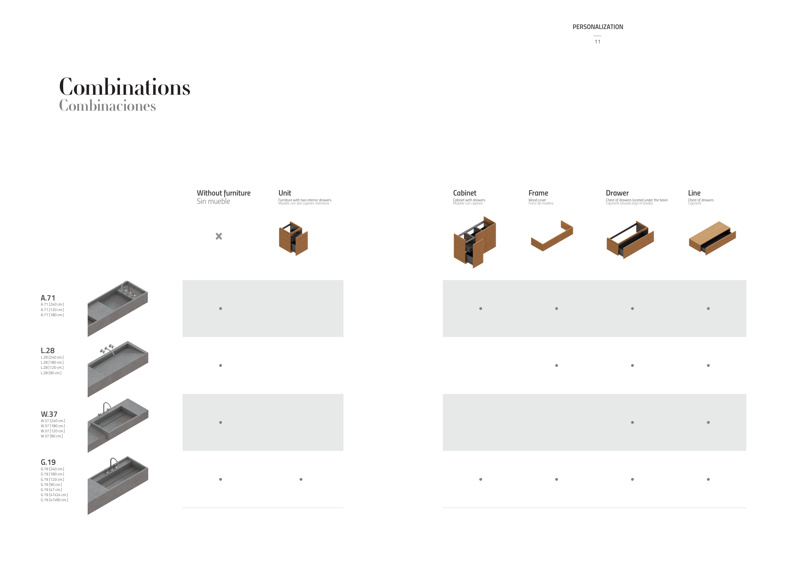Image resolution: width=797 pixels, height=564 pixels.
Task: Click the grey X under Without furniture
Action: pyautogui.click(x=219, y=236)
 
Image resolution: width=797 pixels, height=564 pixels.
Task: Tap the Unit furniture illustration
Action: pyautogui.click(x=293, y=238)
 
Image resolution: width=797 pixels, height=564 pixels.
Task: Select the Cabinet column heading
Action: pyautogui.click(x=464, y=193)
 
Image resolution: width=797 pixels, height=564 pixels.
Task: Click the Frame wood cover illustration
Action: pyautogui.click(x=552, y=235)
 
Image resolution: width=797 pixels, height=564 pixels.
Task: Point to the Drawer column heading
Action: pyautogui.click(x=617, y=193)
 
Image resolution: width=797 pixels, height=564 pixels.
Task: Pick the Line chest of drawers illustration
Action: pyautogui.click(x=712, y=238)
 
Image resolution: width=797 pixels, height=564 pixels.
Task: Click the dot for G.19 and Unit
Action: pyautogui.click(x=301, y=479)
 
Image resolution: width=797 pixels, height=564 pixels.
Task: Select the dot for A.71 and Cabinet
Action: pyautogui.click(x=481, y=308)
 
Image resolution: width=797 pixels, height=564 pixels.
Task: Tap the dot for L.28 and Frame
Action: pyautogui.click(x=556, y=365)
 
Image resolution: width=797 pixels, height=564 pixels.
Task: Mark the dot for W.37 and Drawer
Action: pyautogui.click(x=632, y=422)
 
